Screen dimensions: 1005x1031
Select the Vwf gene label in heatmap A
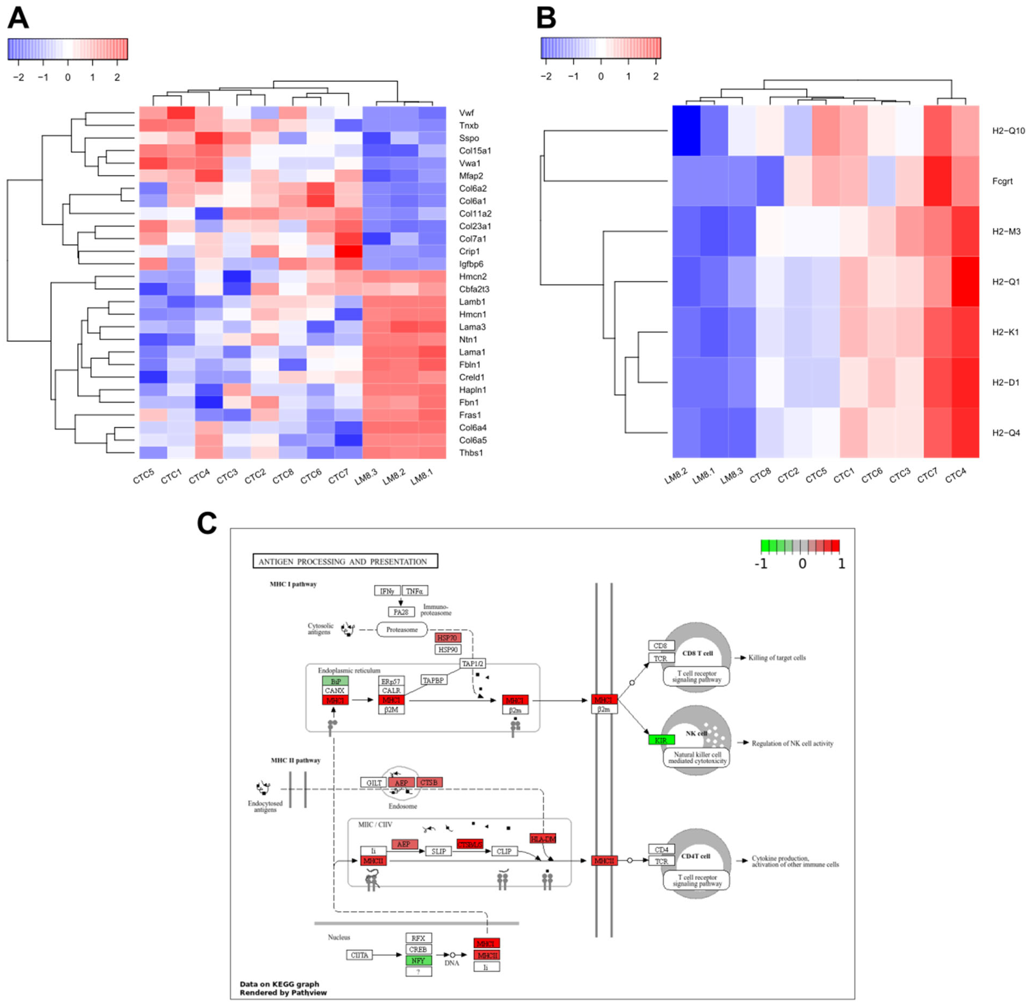pos(466,113)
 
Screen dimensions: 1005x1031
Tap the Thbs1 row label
pos(471,453)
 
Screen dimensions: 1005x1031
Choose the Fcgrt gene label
pos(1002,181)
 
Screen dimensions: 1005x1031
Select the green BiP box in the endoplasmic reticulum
pos(335,681)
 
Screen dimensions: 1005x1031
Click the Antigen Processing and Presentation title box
pos(346,561)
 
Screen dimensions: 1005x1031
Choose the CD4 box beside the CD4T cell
pos(661,849)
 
